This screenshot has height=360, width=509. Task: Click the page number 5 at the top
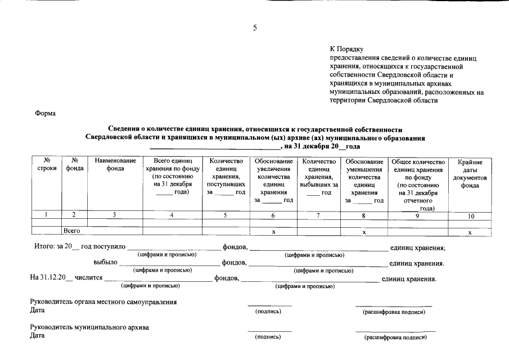tap(254, 28)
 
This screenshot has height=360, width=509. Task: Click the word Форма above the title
tap(46, 113)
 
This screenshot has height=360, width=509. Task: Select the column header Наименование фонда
tap(115, 165)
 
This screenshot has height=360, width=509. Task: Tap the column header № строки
tap(47, 165)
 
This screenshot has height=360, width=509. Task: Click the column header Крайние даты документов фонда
tap(470, 173)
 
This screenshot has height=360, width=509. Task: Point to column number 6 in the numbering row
tap(273, 215)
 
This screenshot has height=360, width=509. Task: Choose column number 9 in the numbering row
tap(417, 215)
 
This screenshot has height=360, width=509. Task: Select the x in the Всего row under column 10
tap(470, 232)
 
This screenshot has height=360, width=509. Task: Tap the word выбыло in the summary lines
tap(105, 263)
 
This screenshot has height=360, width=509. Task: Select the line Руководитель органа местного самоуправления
tap(103, 302)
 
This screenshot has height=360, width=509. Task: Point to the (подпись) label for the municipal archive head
tap(268, 337)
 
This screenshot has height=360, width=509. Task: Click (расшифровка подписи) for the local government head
tap(394, 312)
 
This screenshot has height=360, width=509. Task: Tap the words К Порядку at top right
tap(347, 49)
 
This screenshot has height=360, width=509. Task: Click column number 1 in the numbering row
tap(47, 215)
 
